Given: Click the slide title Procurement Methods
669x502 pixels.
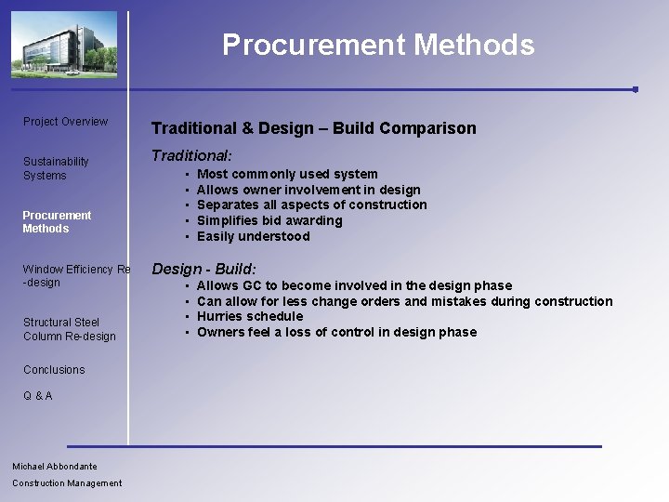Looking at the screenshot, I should pos(378,45).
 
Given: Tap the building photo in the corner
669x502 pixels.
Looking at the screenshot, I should pos(64,45).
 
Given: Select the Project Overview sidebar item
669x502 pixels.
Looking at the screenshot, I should pos(65,122).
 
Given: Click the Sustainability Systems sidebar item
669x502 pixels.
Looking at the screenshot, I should pos(56,168).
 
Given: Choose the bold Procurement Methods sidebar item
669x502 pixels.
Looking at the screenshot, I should pos(57,221).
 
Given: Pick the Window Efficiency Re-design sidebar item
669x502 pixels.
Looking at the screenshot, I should pos(76,275).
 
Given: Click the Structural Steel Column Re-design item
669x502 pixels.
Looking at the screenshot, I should pos(69,329).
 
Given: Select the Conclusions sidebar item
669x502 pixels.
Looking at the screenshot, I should pos(54,370).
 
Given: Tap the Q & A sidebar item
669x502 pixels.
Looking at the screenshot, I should pos(38,396).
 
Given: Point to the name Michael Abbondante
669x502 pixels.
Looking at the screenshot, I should pos(55,466).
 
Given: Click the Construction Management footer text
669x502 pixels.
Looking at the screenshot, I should pos(67,482).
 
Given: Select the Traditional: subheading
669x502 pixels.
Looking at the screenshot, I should pos(191,156).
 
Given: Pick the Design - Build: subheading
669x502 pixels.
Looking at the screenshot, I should pos(203,269).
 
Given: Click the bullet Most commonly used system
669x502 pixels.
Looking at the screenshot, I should pos(287,174).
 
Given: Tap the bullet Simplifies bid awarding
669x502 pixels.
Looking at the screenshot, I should pos(269,220).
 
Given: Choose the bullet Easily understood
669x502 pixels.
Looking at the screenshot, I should pos(253,236).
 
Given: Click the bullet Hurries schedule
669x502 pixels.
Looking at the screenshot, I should pos(249,316).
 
